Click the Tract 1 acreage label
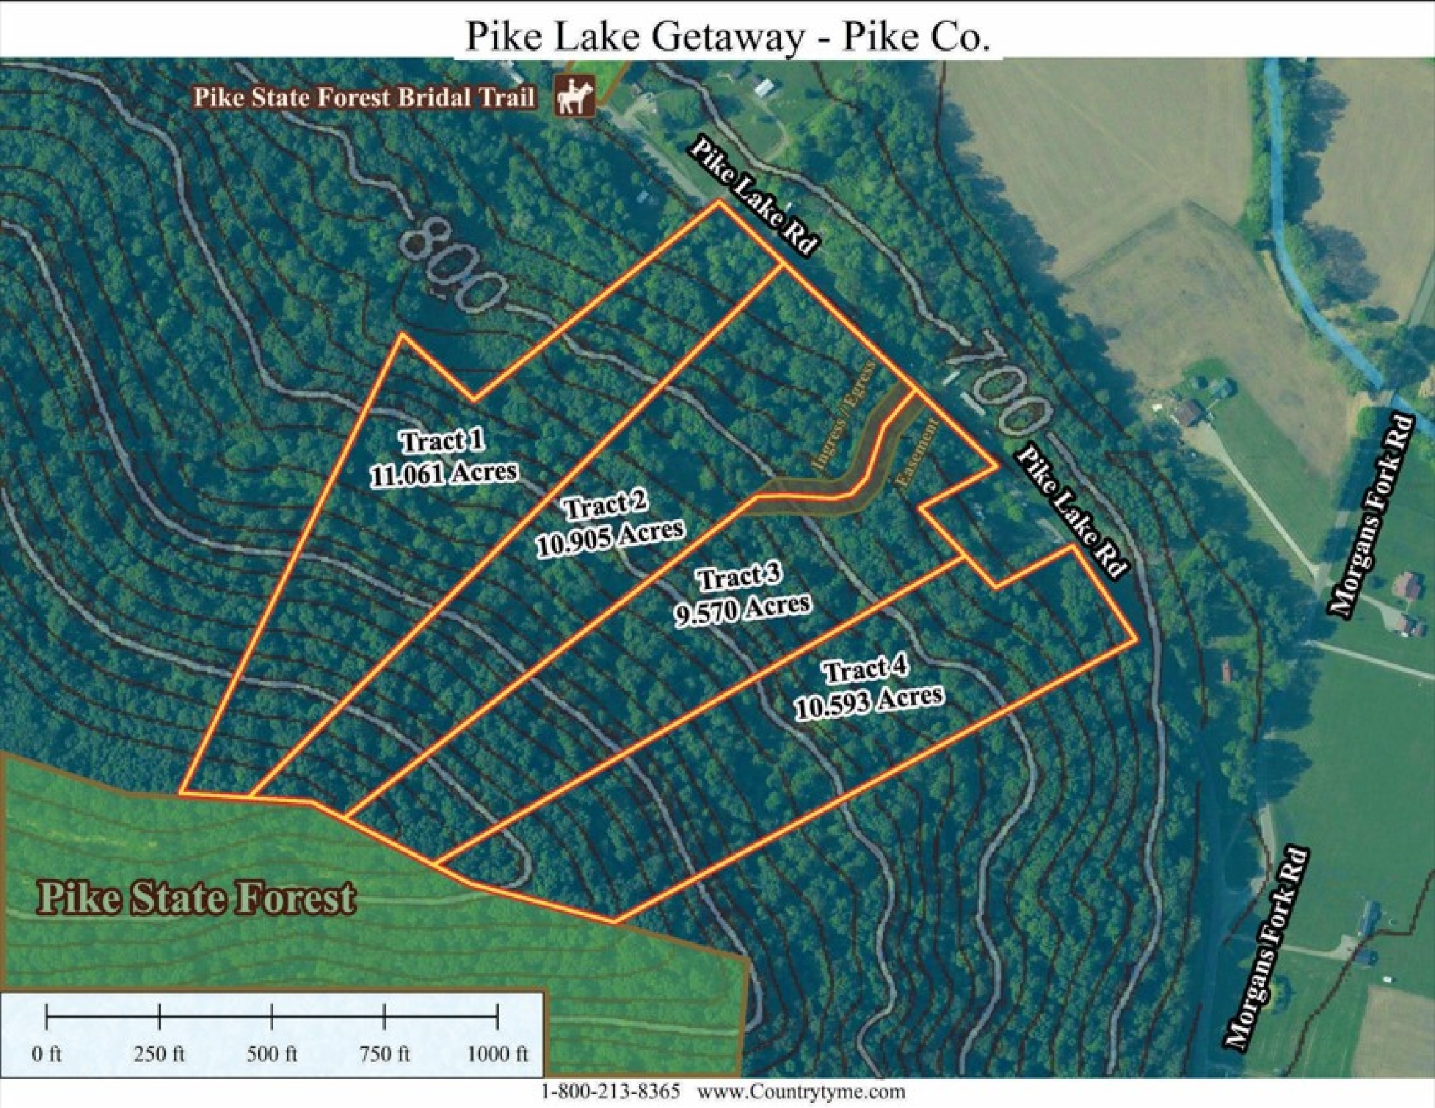[443, 458]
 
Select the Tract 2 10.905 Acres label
[609, 521]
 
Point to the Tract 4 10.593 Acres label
[868, 688]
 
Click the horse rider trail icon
[575, 98]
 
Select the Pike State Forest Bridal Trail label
[364, 98]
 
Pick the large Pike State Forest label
[197, 898]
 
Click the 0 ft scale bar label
[47, 1054]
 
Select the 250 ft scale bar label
[159, 1054]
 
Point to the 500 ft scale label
[272, 1054]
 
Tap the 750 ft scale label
[385, 1054]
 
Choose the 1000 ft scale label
[497, 1054]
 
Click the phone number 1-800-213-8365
[610, 1092]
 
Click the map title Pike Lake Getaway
[728, 36]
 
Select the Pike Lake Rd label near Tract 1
[753, 196]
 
